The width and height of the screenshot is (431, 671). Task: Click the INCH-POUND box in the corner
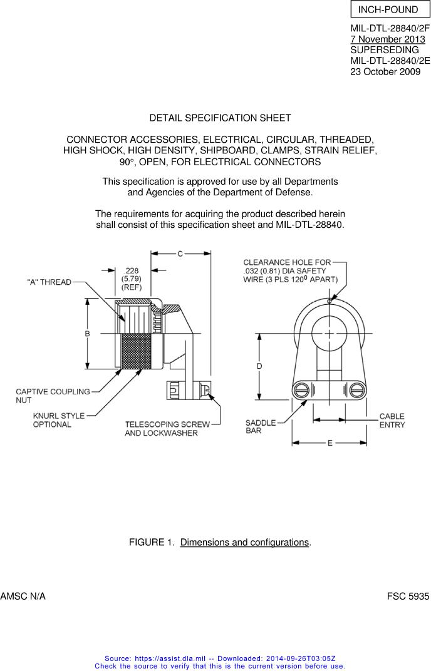tap(388, 9)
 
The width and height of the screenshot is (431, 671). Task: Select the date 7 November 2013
tap(388, 39)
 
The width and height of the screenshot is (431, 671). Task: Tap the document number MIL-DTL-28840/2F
tap(390, 29)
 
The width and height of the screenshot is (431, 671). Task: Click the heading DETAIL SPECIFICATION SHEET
tap(220, 118)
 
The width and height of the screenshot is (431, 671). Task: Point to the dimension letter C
tap(180, 254)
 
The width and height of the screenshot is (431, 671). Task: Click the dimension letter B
tap(88, 334)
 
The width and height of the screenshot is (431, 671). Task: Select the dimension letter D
tap(259, 366)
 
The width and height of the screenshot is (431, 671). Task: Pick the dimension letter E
tap(330, 443)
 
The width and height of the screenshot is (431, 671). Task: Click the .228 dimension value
tap(132, 270)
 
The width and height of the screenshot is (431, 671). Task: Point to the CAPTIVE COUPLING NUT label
tap(53, 396)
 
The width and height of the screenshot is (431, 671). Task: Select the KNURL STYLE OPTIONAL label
tap(58, 420)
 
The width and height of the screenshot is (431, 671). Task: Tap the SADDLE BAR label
tap(260, 427)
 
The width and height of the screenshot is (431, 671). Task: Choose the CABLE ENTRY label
tap(392, 421)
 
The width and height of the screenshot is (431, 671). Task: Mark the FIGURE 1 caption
tap(220, 542)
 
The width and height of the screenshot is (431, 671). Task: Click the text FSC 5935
tap(408, 597)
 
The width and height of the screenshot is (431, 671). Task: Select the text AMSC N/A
tap(23, 597)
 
